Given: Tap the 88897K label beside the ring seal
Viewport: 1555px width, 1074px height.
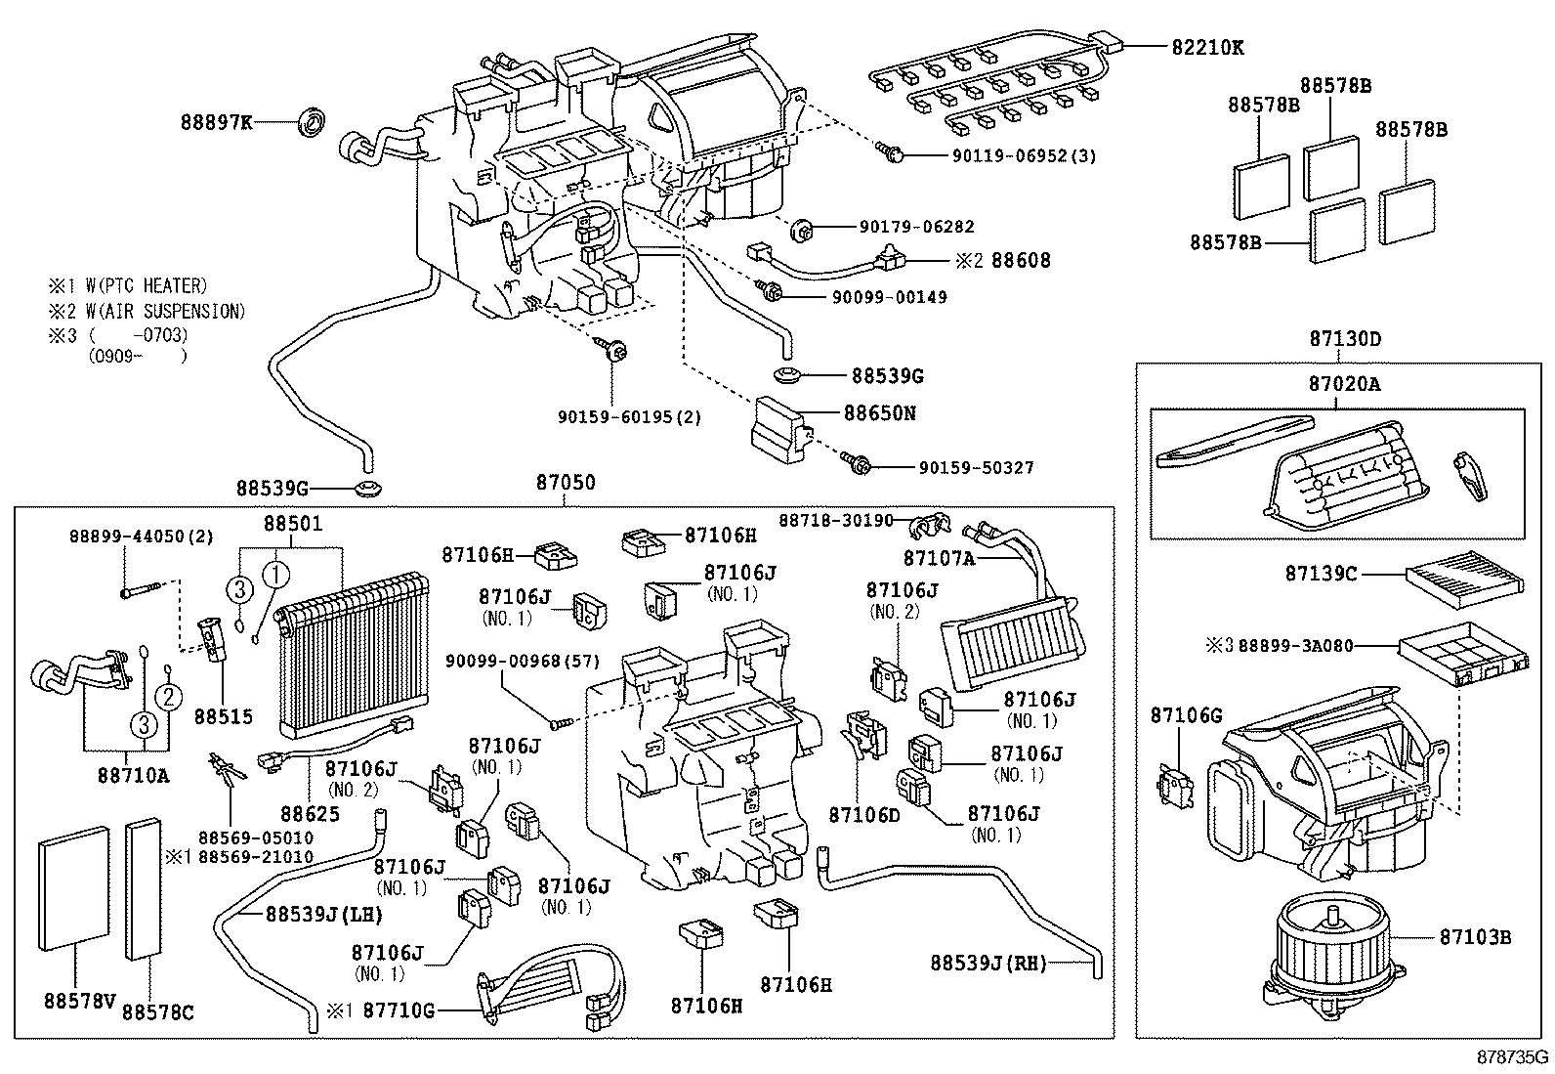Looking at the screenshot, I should pos(216,122).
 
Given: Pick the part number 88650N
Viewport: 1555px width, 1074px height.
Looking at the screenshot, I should pos(880,412).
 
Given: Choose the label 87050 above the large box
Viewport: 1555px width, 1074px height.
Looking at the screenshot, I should pos(565,483).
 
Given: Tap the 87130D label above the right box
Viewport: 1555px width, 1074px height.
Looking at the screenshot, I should pos(1345,339).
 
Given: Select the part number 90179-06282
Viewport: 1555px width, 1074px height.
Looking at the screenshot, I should pos(916,227).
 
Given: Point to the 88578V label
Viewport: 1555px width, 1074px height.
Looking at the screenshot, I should pos(79,1001).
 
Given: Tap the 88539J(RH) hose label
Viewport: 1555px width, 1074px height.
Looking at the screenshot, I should pos(988,964).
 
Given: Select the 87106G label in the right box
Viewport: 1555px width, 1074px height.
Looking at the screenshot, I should pos(1186,715).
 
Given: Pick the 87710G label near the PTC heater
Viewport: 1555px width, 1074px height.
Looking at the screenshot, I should pos(399,1010).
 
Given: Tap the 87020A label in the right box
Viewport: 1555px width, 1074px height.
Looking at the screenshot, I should pos(1344,384).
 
